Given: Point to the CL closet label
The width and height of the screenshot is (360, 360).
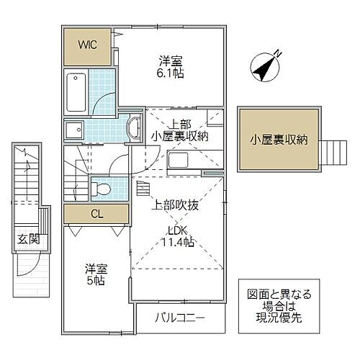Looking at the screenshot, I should pos(95,213).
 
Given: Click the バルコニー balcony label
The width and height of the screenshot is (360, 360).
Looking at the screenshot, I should pos(180,317).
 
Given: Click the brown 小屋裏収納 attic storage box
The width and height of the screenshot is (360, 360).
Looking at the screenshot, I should pos(278,140).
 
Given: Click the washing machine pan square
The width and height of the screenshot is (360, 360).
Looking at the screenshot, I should pos(74,130).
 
